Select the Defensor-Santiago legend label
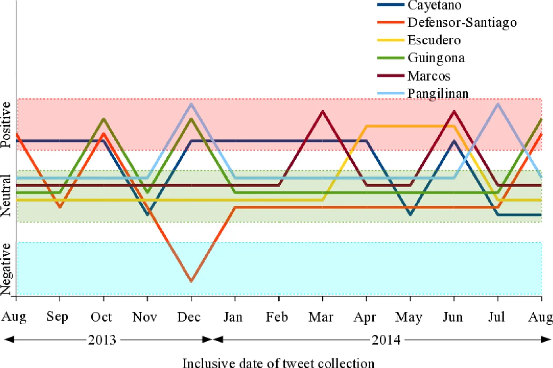[x=461, y=22]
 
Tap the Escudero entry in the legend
[x=434, y=40]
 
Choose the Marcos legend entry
[x=429, y=76]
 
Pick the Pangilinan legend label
[x=438, y=93]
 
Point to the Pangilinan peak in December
[x=191, y=104]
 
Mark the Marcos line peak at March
[x=323, y=111]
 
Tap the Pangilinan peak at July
[x=498, y=104]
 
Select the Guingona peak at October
[x=104, y=119]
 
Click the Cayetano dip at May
[x=410, y=215]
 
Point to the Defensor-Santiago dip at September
[x=60, y=207]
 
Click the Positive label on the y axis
[x=6, y=125]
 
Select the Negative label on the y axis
[x=6, y=269]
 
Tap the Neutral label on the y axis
[x=6, y=196]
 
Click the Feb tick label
[x=278, y=318]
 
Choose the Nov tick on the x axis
[x=147, y=318]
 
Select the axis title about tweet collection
[x=279, y=362]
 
